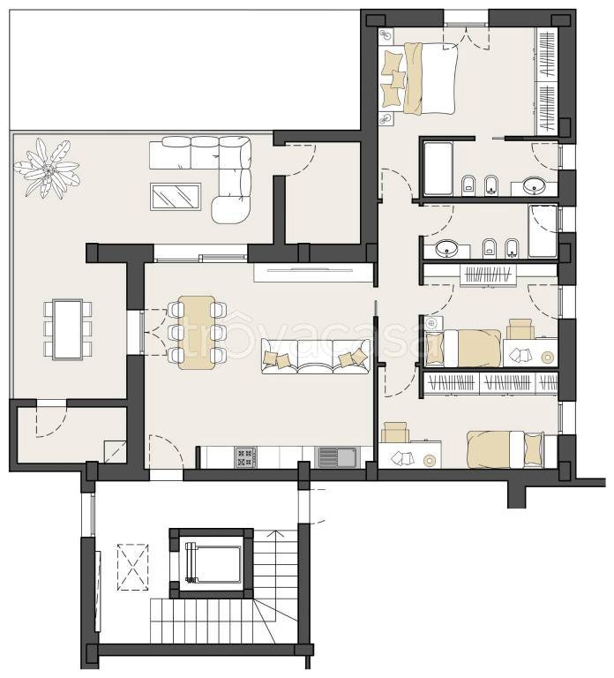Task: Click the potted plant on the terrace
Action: click(x=47, y=169)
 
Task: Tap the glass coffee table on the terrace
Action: click(x=176, y=197)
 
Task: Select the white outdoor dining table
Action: click(x=67, y=329)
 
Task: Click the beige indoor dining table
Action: click(x=197, y=333)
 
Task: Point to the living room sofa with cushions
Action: click(x=316, y=357)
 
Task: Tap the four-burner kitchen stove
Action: click(x=245, y=457)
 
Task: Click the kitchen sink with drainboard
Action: click(x=339, y=457)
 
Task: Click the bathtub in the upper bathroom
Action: click(x=438, y=168)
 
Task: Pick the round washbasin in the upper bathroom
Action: click(x=535, y=187)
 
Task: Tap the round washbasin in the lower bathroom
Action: click(x=446, y=249)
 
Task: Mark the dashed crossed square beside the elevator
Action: click(x=133, y=568)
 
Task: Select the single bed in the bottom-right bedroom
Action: click(x=506, y=449)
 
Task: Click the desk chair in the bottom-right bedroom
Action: click(x=396, y=432)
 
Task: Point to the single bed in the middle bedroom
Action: click(x=463, y=348)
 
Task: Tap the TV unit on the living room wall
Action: click(x=314, y=273)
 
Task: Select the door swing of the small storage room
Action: click(x=51, y=422)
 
